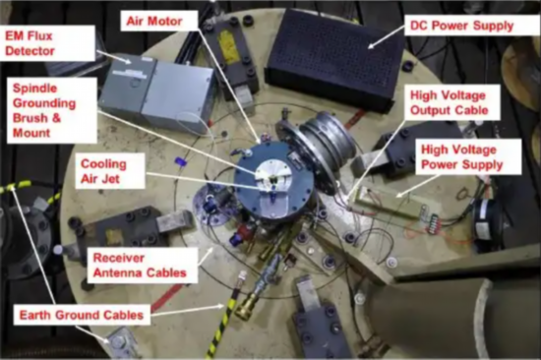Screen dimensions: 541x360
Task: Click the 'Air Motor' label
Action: pos(154,21)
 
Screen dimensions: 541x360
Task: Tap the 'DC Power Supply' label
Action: pos(461,26)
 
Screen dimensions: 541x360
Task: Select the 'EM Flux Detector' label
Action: pos(30,43)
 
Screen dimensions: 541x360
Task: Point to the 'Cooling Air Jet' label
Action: pos(103,171)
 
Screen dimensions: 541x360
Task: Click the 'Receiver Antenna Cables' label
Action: pos(140,266)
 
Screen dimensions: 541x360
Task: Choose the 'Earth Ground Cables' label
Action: pos(82,315)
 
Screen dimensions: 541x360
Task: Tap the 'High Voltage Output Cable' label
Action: pos(450,103)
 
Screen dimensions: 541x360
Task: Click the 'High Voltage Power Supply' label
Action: pos(462,157)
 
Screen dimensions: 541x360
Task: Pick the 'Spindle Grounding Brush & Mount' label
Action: pos(44,110)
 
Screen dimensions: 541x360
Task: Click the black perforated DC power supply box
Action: pos(334,59)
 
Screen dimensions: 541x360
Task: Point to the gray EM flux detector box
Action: pos(157,92)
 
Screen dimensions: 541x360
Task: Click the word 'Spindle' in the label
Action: pos(34,89)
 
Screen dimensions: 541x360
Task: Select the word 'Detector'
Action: pos(30,51)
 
